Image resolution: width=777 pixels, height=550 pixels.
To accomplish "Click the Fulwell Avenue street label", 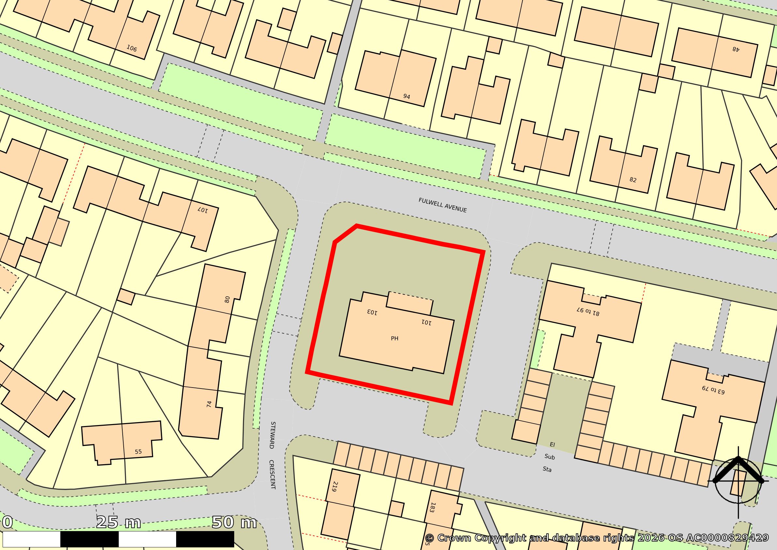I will click(443, 205).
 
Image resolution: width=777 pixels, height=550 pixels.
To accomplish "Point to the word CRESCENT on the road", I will click(272, 474).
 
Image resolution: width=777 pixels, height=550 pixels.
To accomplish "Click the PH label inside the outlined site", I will click(394, 338).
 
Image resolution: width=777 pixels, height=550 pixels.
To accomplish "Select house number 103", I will click(372, 312).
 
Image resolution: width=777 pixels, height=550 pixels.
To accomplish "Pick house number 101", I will click(426, 322).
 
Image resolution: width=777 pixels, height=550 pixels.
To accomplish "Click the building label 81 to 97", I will click(588, 311).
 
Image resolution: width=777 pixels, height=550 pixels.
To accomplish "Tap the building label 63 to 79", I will click(713, 390).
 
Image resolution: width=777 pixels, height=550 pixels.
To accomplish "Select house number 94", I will click(407, 97).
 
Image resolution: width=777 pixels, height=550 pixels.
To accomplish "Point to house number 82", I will click(633, 180).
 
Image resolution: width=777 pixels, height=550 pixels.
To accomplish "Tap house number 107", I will click(203, 210).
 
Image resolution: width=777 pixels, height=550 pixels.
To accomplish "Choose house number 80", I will click(227, 299).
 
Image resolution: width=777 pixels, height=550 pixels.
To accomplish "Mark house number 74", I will click(209, 404).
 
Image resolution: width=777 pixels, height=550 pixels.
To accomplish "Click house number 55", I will click(138, 451).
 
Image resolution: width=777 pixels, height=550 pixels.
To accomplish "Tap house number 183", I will click(432, 507).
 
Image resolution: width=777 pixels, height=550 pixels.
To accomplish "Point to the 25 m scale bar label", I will click(118, 523).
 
